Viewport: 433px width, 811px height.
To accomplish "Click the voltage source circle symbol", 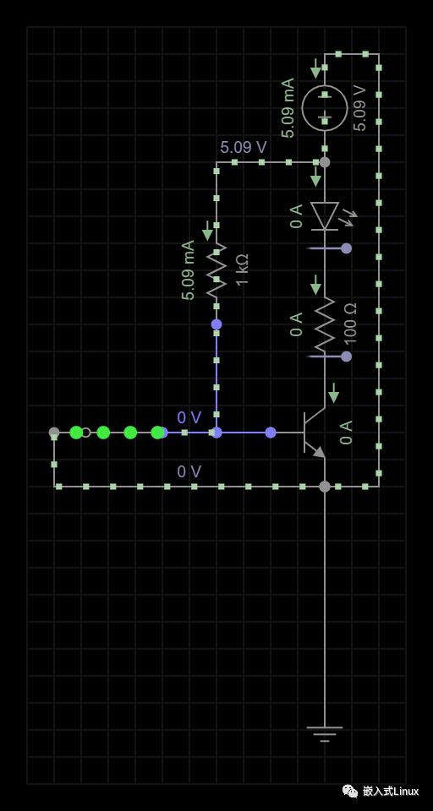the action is point(324,107).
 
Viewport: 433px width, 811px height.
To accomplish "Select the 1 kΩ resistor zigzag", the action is point(216,270).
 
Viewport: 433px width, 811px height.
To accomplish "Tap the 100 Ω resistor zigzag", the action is point(324,324).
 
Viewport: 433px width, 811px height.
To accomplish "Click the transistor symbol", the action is point(314,433).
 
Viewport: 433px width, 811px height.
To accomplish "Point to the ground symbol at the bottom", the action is point(324,734).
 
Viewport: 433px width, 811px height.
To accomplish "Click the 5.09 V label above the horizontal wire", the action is point(244,147).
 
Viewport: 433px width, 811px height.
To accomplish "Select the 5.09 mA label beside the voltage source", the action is point(288,107).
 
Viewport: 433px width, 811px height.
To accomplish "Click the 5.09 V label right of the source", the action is point(359,108).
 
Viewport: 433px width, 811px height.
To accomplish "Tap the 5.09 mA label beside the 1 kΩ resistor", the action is point(188,270).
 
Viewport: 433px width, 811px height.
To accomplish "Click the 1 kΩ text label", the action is point(243,269).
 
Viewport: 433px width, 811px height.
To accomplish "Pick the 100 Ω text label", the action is point(350,324).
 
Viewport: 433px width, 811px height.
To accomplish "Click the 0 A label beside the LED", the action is point(296,216).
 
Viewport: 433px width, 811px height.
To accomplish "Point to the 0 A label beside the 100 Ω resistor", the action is point(296,324).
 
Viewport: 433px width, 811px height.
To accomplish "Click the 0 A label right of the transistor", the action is point(346,433).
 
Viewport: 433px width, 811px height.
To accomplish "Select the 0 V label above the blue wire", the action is point(189,417).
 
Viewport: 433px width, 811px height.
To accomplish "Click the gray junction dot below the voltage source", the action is point(324,162).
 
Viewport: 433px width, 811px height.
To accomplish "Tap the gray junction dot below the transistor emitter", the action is point(324,487).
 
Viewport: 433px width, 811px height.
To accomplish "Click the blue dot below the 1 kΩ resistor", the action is point(216,324).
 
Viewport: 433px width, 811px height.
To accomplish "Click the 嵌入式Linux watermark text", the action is point(391,791).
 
